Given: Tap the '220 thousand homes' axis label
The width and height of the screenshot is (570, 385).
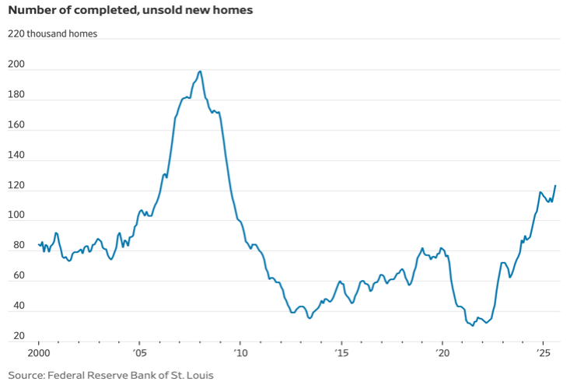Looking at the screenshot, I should tap(53, 34).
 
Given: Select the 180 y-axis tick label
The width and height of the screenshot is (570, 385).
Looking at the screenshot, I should tap(16, 96).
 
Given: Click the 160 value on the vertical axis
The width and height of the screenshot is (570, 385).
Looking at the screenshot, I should tap(16, 125).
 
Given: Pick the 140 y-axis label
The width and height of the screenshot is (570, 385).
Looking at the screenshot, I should tap(16, 156).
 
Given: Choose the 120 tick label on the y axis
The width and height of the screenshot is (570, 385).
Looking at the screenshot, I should tap(16, 186).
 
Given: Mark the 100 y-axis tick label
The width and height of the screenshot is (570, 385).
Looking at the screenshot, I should tap(16, 215).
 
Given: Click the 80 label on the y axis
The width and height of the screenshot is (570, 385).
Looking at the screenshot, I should tap(14, 246).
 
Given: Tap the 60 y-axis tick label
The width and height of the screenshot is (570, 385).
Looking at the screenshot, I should tap(14, 276).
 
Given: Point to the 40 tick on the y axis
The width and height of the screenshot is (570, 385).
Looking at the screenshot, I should tap(14, 306).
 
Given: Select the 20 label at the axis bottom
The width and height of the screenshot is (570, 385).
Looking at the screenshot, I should tap(14, 336).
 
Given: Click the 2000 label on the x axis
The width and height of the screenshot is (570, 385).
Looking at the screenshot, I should tap(39, 355).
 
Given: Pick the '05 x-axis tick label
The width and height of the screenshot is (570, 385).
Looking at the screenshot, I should tap(139, 355).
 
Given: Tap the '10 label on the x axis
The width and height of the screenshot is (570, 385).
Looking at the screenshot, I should tap(240, 355).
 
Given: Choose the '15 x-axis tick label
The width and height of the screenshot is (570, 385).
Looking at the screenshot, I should tap(341, 355).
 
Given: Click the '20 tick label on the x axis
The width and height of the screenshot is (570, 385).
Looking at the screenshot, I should tap(442, 355).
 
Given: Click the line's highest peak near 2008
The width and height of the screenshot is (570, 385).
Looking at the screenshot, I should tap(200, 72).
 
